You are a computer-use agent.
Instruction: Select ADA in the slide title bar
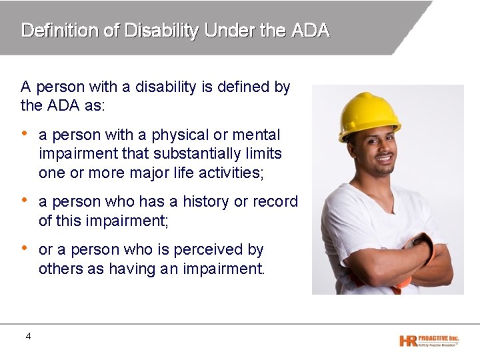(x=310, y=31)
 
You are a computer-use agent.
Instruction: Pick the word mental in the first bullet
(x=256, y=135)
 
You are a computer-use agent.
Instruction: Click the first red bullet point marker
(x=25, y=133)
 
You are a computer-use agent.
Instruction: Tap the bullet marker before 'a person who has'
(x=25, y=200)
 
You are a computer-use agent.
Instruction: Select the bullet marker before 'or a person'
(x=25, y=248)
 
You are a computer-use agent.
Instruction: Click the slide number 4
(x=28, y=337)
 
